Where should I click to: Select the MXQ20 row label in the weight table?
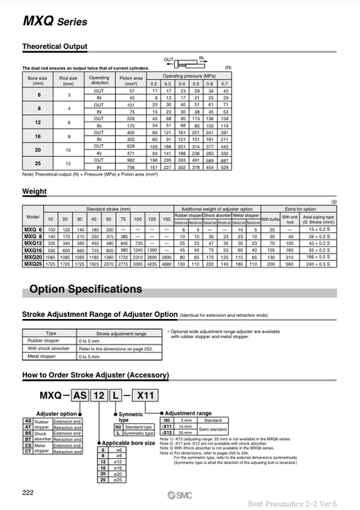33,257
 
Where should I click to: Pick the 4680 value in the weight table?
167,264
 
